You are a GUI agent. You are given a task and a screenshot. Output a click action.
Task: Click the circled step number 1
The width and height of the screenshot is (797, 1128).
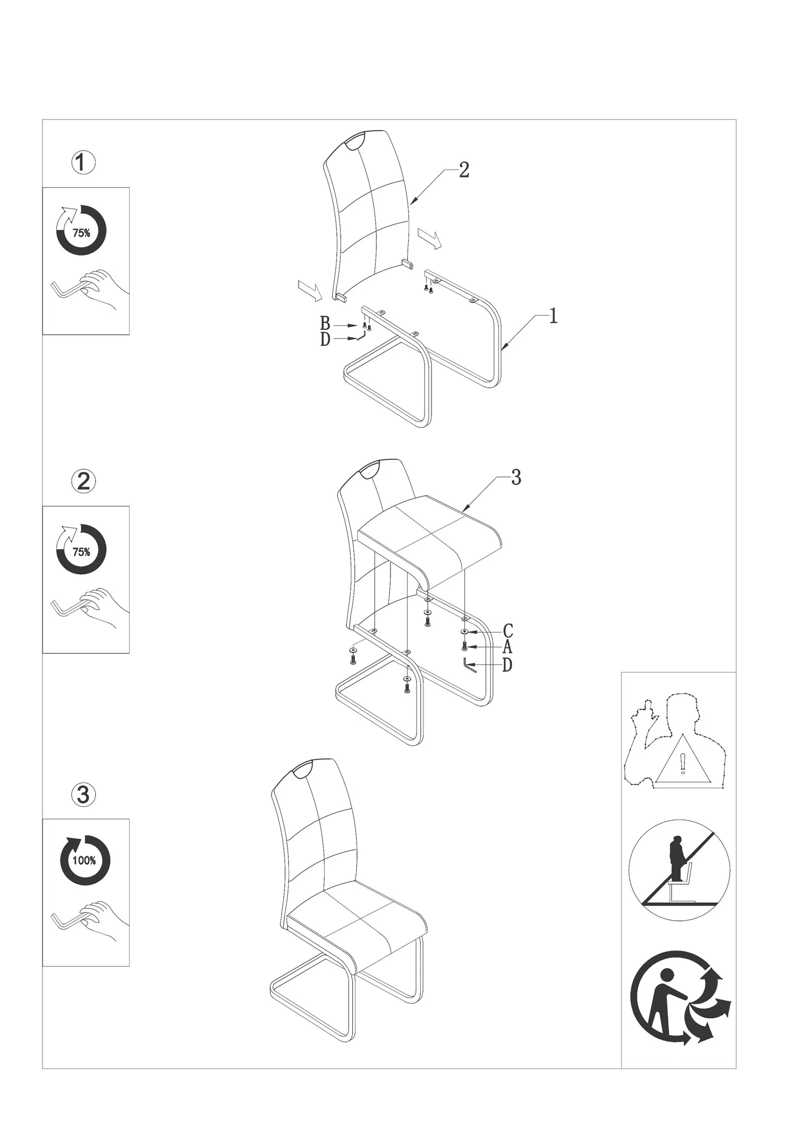pyautogui.click(x=83, y=163)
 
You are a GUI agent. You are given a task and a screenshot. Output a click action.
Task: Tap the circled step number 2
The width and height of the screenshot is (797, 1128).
pyautogui.click(x=83, y=481)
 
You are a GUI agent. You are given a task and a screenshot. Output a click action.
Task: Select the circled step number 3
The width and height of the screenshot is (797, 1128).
pyautogui.click(x=83, y=795)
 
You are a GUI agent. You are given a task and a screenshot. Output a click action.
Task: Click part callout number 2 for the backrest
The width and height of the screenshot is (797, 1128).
pyautogui.click(x=464, y=170)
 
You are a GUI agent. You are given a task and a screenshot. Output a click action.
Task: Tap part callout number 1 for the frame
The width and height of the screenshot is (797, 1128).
pyautogui.click(x=553, y=317)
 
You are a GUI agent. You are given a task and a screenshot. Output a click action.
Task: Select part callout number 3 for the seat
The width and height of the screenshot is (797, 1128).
pyautogui.click(x=516, y=478)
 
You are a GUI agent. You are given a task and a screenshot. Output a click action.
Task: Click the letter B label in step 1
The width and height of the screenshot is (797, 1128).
pyautogui.click(x=325, y=323)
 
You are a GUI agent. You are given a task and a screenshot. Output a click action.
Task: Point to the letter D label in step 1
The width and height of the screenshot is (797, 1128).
pyautogui.click(x=325, y=339)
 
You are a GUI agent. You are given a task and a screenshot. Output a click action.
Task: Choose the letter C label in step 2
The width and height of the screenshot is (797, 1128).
pyautogui.click(x=508, y=631)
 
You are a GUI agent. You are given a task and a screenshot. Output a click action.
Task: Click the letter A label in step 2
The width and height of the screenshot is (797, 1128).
pyautogui.click(x=507, y=647)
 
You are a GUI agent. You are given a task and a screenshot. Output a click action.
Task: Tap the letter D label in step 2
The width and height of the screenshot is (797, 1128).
pyautogui.click(x=507, y=664)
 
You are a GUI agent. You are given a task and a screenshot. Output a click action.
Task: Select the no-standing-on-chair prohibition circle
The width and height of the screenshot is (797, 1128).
pyautogui.click(x=679, y=871)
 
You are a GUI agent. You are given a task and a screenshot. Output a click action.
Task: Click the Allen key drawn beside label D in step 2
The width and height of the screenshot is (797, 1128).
pyautogui.click(x=470, y=666)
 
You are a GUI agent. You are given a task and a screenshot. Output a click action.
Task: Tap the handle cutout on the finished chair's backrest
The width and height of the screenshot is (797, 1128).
pyautogui.click(x=304, y=769)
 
